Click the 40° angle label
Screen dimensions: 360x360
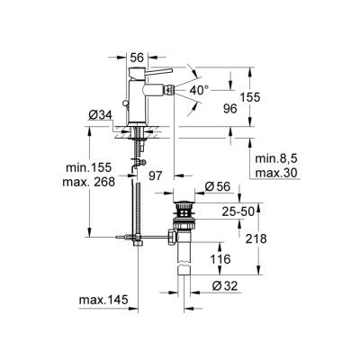pyautogui.click(x=199, y=90)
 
